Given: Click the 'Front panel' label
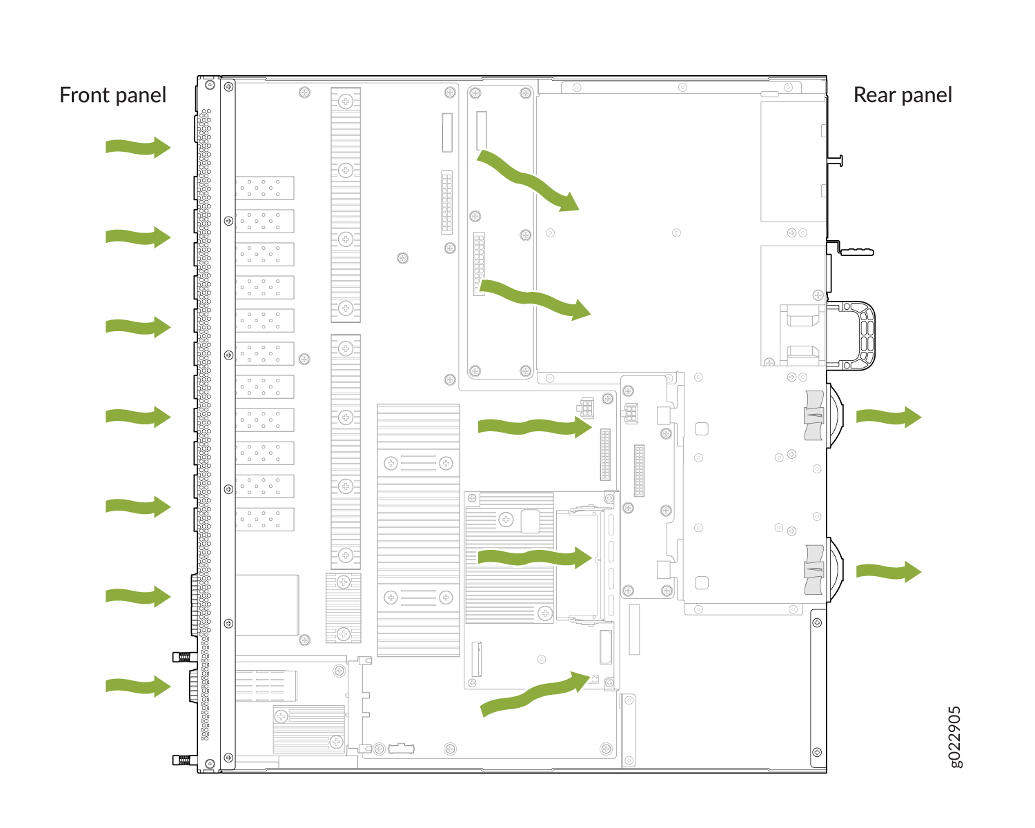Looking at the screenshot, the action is point(112,95).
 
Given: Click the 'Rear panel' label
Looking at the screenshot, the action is point(903,95).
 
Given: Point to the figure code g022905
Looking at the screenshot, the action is point(955,737).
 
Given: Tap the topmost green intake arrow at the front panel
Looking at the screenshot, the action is point(138,147).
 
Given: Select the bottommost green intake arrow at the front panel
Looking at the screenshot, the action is point(138,686).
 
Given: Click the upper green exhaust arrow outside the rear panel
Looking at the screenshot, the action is point(889,417).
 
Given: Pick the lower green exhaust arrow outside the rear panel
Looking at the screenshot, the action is point(889,571).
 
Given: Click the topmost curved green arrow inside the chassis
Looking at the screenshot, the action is point(528,181).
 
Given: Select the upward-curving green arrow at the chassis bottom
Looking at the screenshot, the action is point(535,694).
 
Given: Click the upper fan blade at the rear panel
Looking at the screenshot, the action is point(814,415).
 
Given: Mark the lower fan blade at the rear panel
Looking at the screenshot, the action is point(814,570).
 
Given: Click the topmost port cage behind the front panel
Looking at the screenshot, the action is point(264,188).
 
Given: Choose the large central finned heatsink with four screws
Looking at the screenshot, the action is point(418,530).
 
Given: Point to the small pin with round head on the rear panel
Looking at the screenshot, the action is point(835,161).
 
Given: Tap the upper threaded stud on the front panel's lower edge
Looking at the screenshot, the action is point(185,657).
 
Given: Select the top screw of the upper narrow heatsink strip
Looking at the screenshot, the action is point(345,101).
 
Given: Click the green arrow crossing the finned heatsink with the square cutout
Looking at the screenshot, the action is point(535,558).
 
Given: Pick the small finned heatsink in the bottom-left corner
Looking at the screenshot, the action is point(309,729).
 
